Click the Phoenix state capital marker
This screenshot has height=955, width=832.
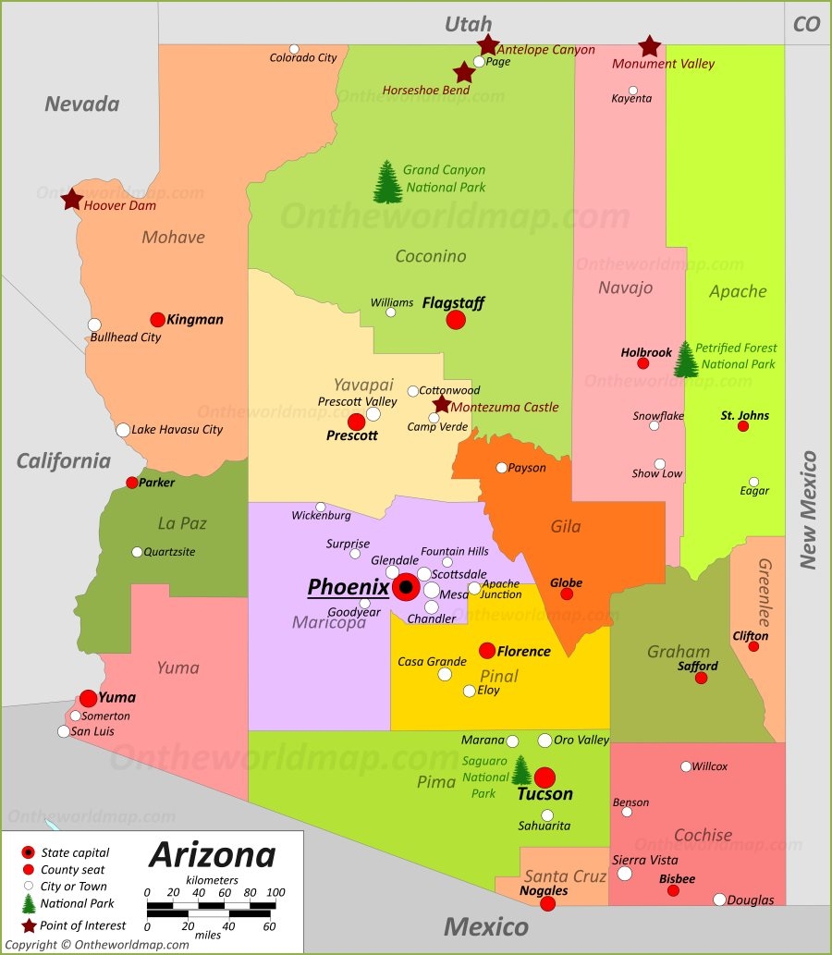point(406,587)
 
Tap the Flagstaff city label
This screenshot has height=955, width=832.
point(453,302)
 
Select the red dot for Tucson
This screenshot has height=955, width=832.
point(544,777)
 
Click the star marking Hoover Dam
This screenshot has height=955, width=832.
point(71,199)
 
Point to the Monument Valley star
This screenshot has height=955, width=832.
point(650,45)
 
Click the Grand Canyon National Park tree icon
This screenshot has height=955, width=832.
point(386,181)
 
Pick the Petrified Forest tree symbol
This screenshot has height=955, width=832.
point(686,360)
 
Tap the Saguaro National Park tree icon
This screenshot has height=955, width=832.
point(522,770)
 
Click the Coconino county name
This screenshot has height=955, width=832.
point(431,256)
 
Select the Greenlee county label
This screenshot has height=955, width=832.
point(765,593)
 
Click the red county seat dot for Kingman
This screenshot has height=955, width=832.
point(158,320)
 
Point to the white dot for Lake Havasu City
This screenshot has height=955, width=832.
point(123,430)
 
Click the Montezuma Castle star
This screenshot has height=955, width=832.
point(442,404)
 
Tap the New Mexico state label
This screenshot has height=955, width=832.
point(809,509)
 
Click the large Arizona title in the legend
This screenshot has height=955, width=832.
point(212,854)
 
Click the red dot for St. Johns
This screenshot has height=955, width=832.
point(742,426)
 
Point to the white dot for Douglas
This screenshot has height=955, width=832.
point(719,900)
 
